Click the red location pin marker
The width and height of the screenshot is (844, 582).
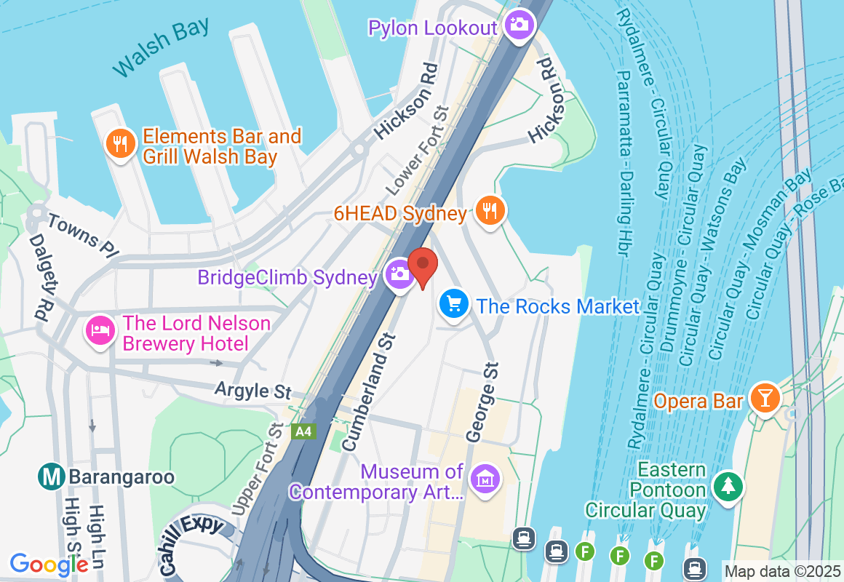[x=422, y=266]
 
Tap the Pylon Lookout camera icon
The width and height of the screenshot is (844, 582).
[x=518, y=25]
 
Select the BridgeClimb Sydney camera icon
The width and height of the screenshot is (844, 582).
[x=399, y=274]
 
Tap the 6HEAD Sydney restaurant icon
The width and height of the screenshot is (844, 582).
[x=490, y=210]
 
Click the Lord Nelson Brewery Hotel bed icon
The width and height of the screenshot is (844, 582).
[x=100, y=331]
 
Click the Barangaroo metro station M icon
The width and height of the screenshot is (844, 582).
[x=52, y=477]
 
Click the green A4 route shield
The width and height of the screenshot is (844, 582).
[x=303, y=431]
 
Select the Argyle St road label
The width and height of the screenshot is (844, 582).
[x=253, y=391]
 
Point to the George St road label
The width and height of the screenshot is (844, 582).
[x=482, y=402]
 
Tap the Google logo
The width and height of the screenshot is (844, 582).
[x=49, y=564]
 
